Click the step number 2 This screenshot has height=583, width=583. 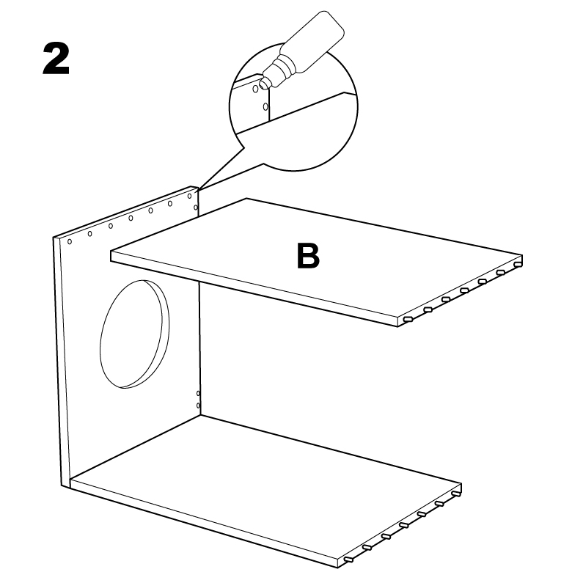click(56, 59)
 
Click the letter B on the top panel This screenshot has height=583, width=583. click(308, 256)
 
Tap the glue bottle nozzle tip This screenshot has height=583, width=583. click(264, 85)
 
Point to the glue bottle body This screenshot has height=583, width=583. click(312, 41)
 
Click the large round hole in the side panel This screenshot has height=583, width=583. click(134, 334)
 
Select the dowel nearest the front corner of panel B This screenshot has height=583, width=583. click(408, 320)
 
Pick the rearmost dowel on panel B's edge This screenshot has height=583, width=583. click(518, 264)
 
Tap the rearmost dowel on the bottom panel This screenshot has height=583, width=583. click(457, 494)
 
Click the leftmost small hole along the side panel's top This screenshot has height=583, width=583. click(70, 242)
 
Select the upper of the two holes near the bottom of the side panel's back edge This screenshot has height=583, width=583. click(198, 393)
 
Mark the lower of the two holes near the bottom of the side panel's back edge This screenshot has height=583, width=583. click(198, 406)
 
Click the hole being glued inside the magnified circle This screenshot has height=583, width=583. click(255, 89)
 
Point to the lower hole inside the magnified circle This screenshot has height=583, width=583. click(265, 107)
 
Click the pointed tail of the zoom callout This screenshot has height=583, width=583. click(198, 191)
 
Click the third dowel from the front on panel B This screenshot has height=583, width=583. click(446, 299)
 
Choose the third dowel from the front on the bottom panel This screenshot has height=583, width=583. click(386, 537)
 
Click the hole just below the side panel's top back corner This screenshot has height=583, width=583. click(196, 208)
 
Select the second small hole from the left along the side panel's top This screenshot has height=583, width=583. click(90, 234)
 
